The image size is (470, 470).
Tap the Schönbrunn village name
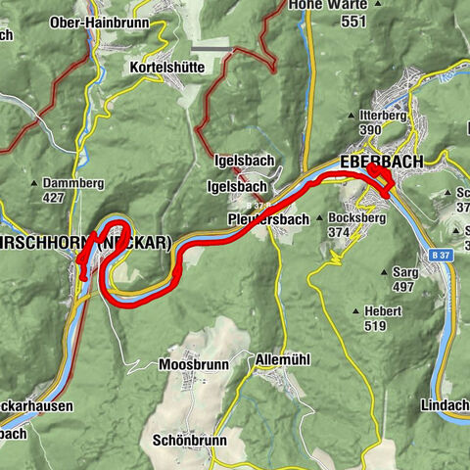190,441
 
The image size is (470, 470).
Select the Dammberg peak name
75,182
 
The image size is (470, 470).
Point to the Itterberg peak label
376,116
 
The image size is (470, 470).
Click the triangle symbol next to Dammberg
35,183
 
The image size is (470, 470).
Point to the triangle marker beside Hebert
355,311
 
